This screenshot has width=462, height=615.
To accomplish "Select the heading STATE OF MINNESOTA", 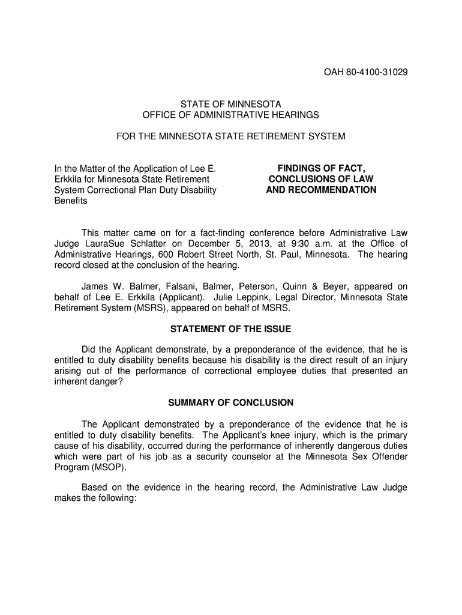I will click(231, 104).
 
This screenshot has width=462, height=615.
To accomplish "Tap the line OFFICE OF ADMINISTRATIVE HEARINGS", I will click(231, 114).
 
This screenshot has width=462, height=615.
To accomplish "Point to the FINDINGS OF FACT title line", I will click(321, 168).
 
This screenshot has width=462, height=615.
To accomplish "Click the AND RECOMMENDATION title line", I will click(321, 190).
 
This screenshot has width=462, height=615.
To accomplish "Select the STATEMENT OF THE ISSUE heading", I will click(231, 329).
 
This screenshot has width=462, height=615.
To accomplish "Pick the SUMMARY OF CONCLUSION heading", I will click(231, 402).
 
